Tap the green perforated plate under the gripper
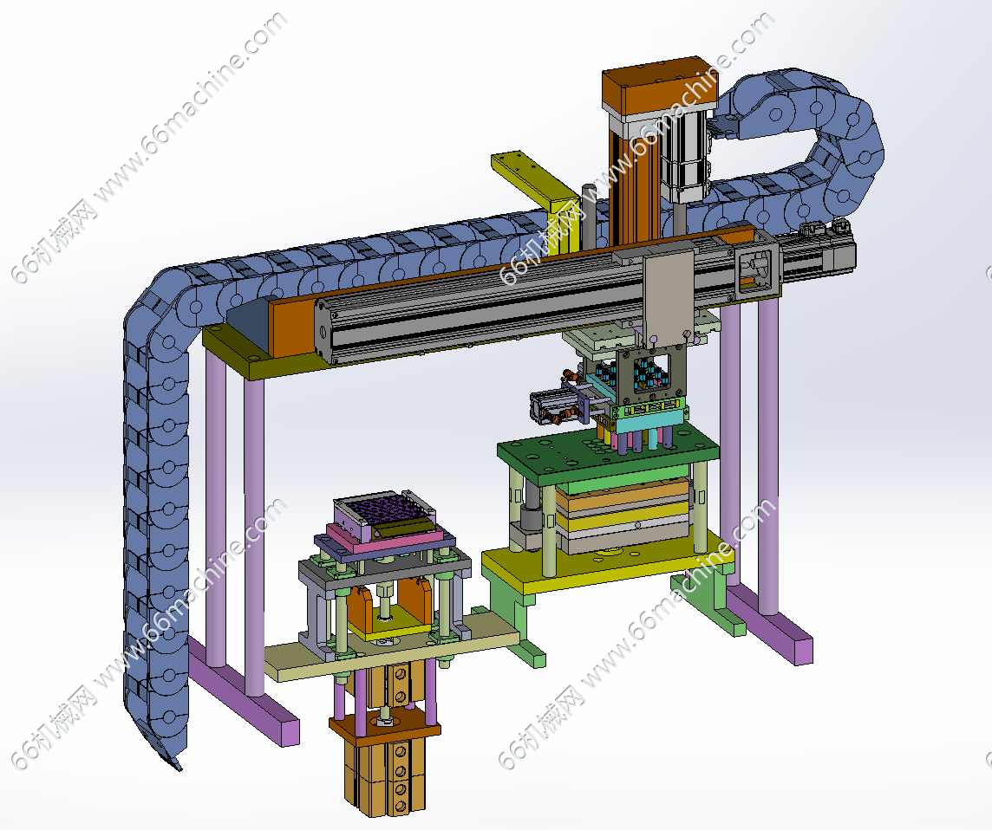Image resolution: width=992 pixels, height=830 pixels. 607,455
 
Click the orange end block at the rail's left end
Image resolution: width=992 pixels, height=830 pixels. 291,326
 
